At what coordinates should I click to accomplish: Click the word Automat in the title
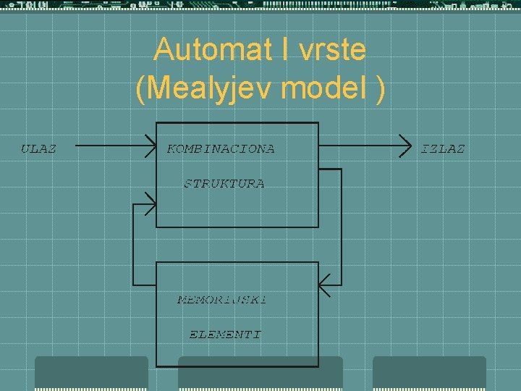(205, 50)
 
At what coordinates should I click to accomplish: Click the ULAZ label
(38, 148)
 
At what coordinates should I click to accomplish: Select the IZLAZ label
(443, 148)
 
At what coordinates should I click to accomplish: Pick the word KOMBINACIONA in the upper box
(221, 149)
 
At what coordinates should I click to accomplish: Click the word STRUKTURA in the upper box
(224, 184)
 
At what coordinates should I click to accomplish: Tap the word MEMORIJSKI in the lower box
(222, 300)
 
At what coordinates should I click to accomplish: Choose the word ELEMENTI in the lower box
(225, 335)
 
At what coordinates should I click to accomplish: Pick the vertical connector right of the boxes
(341, 224)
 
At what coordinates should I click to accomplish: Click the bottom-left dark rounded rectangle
(91, 373)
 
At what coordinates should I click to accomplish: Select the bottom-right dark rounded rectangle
(429, 373)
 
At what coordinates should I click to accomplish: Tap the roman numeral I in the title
(271, 50)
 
